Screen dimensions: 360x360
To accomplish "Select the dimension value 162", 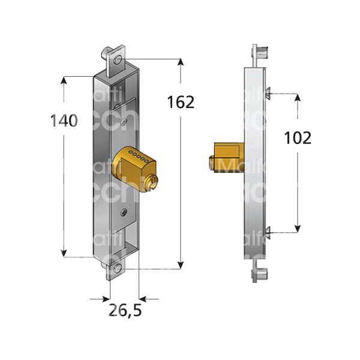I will tap(181, 102).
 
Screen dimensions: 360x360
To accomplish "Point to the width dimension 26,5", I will tap(125, 311).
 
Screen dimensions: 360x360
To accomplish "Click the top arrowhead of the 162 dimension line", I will tap(181, 62).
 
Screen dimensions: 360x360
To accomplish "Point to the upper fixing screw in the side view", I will tap(268, 92).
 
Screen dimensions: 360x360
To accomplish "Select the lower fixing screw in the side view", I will tap(268, 230).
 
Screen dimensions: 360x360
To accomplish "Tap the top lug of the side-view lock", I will tap(260, 55).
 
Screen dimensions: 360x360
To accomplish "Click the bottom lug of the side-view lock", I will tap(260, 275).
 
